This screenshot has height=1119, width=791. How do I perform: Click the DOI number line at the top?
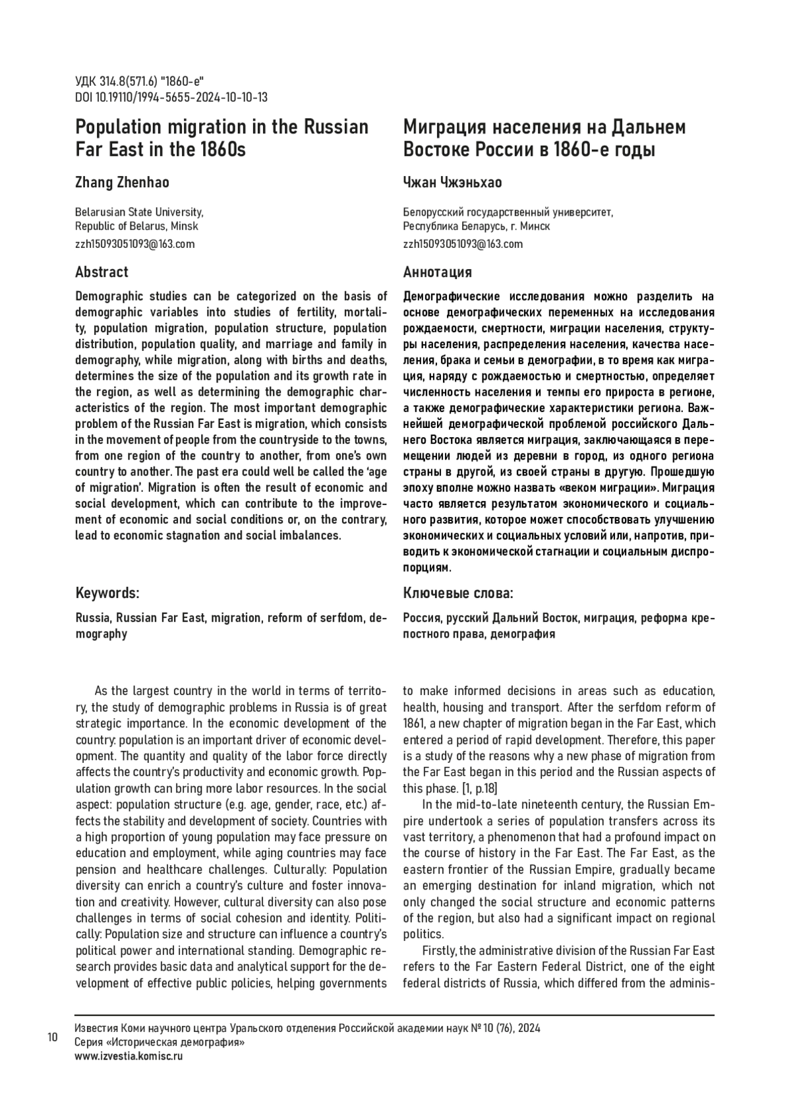[171, 98]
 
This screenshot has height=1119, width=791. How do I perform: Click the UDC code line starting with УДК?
[140, 82]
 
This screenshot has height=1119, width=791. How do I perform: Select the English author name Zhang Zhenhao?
[122, 183]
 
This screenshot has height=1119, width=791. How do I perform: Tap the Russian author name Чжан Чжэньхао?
[452, 183]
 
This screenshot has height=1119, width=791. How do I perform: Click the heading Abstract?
[102, 272]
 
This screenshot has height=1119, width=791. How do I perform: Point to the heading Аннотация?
[437, 272]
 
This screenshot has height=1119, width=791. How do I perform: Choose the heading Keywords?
[107, 593]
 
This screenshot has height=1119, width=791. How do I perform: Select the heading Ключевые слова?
[458, 593]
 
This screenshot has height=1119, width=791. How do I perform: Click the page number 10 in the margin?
[52, 1037]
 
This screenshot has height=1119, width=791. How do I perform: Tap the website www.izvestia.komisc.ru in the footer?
[129, 1056]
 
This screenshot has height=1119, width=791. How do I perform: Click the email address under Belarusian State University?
[135, 244]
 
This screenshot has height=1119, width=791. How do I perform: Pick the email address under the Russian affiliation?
[463, 244]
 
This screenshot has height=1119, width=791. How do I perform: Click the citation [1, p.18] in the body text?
[480, 788]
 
